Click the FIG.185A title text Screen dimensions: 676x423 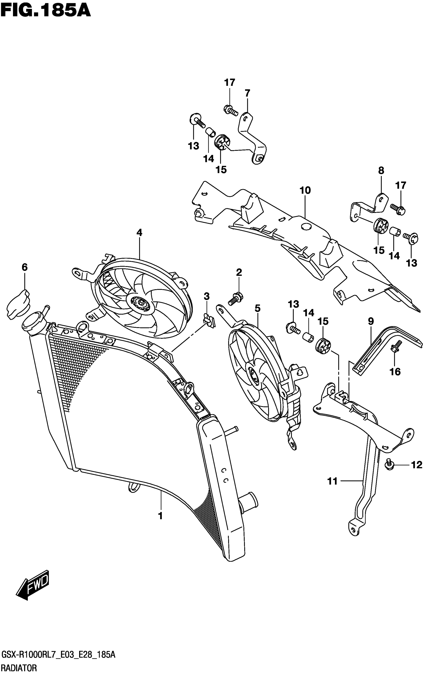point(45,10)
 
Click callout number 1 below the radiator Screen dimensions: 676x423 point(160,516)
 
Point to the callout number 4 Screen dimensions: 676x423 point(139,232)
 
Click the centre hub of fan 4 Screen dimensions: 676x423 point(140,303)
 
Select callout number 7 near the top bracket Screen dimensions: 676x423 point(247,93)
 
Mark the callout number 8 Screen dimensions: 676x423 point(381,171)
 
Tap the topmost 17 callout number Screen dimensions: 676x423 point(229,83)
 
